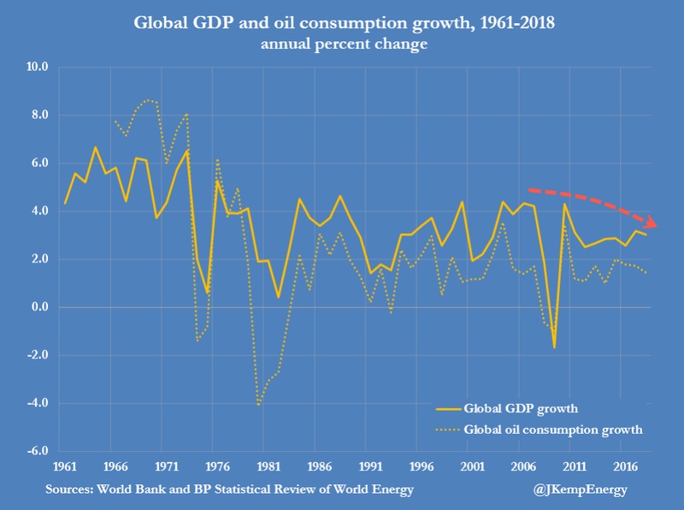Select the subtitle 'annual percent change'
click(341, 44)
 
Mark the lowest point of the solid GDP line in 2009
click(554, 347)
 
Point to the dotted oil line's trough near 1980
click(257, 405)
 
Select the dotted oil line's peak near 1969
click(151, 100)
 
